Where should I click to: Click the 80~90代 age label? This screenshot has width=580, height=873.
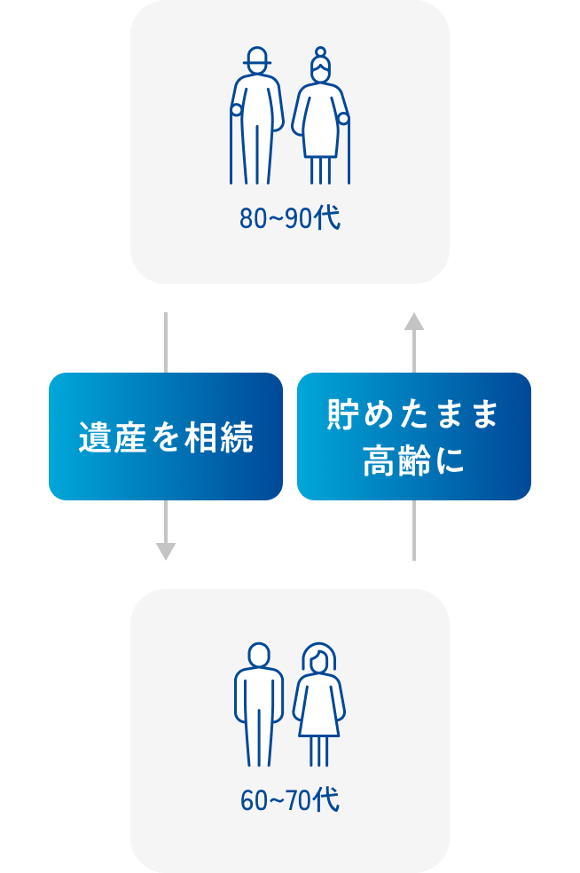[x=289, y=219]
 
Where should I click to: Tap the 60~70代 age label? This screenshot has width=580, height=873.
[x=289, y=801]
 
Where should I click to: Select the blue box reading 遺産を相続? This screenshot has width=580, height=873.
[x=166, y=436]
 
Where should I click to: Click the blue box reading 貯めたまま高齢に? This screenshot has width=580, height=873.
[x=413, y=436]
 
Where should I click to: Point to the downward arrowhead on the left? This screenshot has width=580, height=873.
[x=166, y=551]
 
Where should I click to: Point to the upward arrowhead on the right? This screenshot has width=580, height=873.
[x=413, y=321]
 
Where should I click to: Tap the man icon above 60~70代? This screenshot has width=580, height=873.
[x=258, y=705]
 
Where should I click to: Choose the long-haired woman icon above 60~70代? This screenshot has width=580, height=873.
[x=319, y=705]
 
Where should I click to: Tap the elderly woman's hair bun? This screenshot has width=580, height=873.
[x=320, y=52]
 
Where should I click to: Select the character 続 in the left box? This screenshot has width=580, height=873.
[x=237, y=437]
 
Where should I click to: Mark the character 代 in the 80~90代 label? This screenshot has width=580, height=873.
[x=329, y=219]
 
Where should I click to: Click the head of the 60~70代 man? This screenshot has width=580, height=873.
[x=258, y=656]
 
